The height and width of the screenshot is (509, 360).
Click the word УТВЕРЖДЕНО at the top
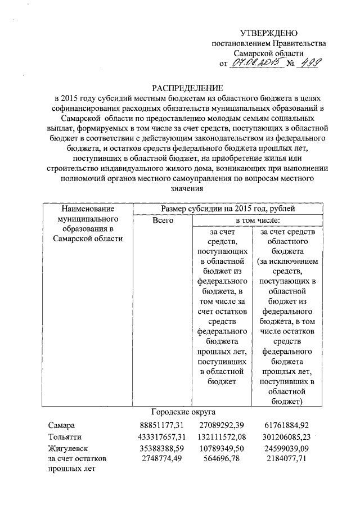pos(268,34)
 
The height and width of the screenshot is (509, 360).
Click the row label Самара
pos(61,426)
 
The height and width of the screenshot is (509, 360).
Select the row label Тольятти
pos(65,437)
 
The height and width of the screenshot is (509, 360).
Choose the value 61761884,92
pos(288,426)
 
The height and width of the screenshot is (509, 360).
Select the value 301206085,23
pos(287,437)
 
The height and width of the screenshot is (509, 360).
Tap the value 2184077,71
pos(288,459)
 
